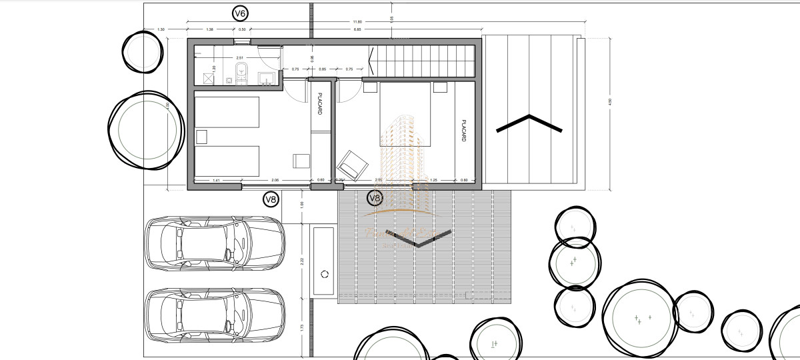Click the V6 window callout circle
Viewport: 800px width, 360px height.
[x=239, y=13]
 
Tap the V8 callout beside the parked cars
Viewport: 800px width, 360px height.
[x=271, y=198]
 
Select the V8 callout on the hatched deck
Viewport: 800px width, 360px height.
[x=375, y=198]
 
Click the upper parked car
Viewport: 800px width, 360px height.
[x=214, y=244]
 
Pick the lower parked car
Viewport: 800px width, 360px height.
[x=214, y=316]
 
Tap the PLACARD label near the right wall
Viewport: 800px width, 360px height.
[x=461, y=131]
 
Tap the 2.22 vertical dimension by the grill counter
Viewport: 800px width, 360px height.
[x=302, y=261]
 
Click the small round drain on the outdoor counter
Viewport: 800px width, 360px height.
[x=325, y=274]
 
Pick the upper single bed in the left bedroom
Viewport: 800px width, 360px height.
[x=227, y=112]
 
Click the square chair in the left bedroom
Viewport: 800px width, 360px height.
[x=301, y=161]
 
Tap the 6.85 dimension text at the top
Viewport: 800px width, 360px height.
[x=358, y=29]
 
